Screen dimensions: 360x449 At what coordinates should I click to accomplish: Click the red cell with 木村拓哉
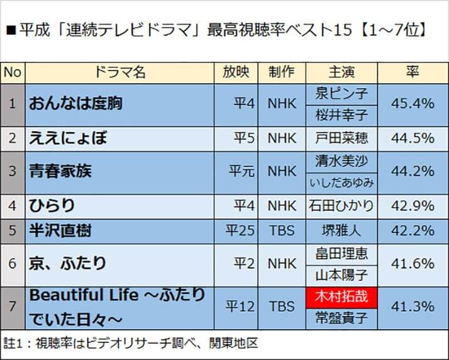(341, 296)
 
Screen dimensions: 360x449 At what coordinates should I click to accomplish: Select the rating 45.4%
(413, 103)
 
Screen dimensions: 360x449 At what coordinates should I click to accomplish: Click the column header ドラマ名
(119, 72)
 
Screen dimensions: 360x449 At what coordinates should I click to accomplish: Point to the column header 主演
(341, 72)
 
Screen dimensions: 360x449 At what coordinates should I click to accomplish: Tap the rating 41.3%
(413, 307)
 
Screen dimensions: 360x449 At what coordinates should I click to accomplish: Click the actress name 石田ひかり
(341, 205)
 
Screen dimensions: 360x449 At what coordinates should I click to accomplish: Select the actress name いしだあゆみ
(341, 183)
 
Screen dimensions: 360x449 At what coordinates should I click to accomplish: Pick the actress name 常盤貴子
(341, 318)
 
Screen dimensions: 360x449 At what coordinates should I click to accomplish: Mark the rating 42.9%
(413, 205)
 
